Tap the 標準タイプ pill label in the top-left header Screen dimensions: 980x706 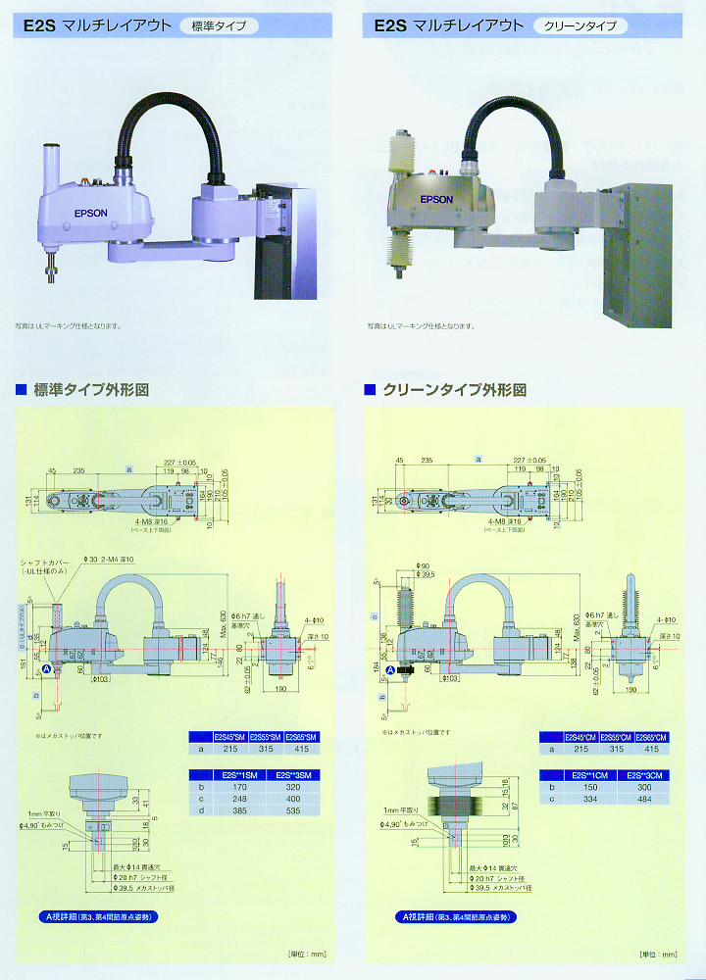pyautogui.click(x=220, y=26)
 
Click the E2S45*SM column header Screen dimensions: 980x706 pyautogui.click(x=230, y=736)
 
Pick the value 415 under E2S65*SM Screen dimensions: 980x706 pyautogui.click(x=301, y=750)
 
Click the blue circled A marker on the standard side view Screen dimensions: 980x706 pyautogui.click(x=46, y=668)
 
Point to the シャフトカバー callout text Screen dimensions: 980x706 pyautogui.click(x=40, y=563)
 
